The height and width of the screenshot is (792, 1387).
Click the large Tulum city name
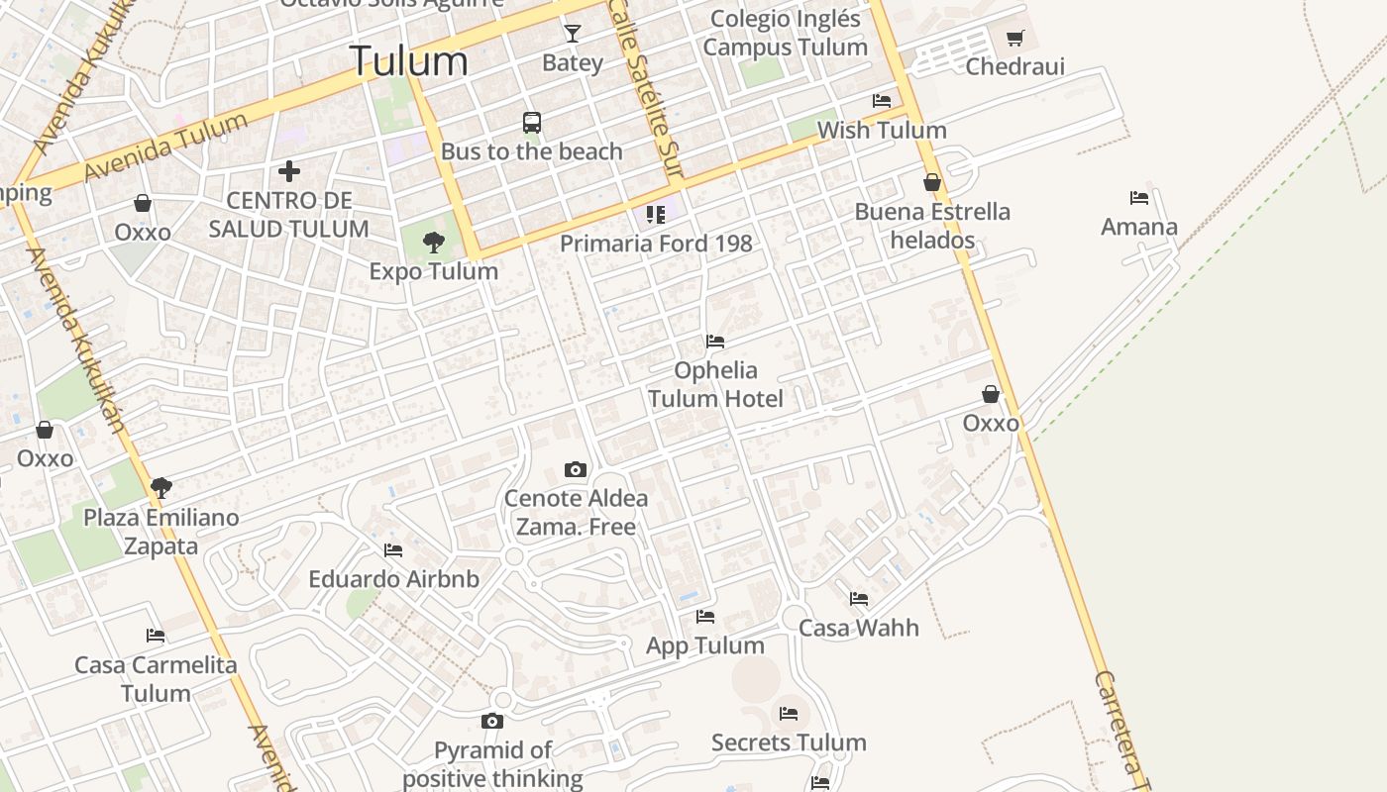408,61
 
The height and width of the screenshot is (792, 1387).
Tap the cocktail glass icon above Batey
573,34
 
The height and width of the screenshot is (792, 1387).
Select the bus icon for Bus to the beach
532,123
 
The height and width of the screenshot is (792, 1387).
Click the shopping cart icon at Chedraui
1014,39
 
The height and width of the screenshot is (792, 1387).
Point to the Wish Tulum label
882,130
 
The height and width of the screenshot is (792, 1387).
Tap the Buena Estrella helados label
932,226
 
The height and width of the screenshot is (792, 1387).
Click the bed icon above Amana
1139,198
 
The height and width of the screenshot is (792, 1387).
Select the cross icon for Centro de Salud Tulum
289,171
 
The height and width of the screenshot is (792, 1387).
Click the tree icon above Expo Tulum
433,243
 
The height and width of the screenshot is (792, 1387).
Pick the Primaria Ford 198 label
656,244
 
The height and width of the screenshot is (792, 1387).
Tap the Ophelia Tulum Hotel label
715,384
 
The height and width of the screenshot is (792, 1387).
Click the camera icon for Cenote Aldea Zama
576,469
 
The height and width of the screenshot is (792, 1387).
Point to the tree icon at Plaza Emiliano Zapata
160,487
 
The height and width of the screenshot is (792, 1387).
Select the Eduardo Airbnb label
393,579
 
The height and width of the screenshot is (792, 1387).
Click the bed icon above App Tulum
705,617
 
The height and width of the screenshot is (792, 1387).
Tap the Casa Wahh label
859,628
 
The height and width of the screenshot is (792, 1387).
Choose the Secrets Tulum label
789,742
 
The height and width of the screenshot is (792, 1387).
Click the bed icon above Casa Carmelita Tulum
156,636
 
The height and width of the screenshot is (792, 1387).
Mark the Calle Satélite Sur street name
646,89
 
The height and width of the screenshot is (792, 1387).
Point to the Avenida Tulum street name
165,147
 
